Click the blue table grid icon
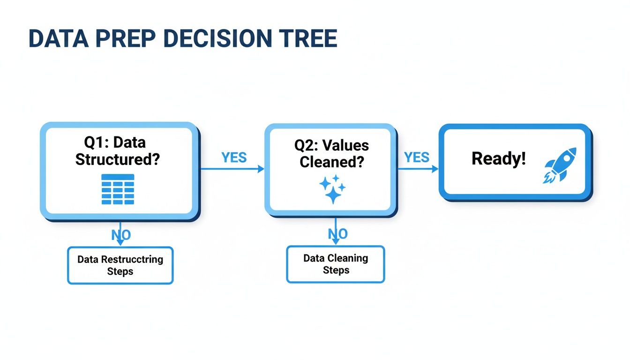tap(118, 189)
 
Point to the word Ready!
tap(499, 159)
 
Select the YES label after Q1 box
tap(234, 157)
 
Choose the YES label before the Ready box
tap(417, 157)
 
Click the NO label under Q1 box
tap(121, 235)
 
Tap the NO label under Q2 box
tap(337, 234)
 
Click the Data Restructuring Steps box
tap(120, 265)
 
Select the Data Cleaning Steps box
tap(336, 264)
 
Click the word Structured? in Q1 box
tap(118, 159)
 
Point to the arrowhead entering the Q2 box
tap(261, 169)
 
